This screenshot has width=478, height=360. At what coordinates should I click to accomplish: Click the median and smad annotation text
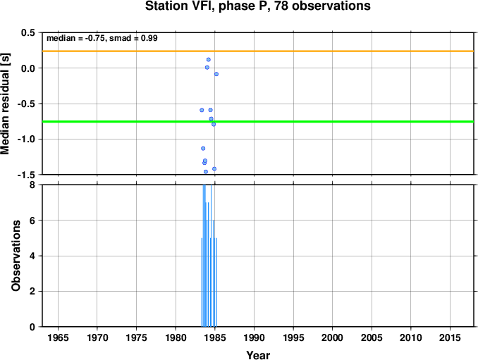[x=102, y=38]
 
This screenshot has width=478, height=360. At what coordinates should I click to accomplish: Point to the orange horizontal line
[x=258, y=51]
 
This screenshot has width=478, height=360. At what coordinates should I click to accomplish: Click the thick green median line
[x=258, y=121]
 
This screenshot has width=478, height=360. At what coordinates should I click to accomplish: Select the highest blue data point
[x=209, y=60]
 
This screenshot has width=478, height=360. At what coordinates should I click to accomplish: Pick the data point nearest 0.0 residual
[x=207, y=68]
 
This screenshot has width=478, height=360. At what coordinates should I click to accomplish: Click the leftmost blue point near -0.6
[x=202, y=110]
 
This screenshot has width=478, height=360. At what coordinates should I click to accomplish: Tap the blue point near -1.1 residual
[x=203, y=149]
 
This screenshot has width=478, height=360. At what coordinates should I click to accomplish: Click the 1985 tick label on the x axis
[x=215, y=337]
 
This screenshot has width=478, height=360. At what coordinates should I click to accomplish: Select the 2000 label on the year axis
[x=333, y=337]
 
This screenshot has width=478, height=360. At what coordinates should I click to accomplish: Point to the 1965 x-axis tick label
[x=58, y=337]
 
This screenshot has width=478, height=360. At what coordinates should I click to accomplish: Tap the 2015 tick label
[x=451, y=337]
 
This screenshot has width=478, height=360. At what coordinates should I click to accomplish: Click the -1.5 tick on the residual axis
[x=28, y=175]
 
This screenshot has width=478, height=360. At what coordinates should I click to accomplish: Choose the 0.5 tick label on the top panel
[x=30, y=32]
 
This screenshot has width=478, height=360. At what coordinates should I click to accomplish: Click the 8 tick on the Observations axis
[x=32, y=185]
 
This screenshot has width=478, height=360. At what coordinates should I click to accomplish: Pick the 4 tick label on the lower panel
[x=32, y=256]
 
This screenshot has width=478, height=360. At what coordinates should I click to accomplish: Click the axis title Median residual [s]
[x=5, y=104]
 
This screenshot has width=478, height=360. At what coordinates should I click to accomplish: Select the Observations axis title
[x=16, y=256]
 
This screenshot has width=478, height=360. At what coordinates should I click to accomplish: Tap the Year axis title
[x=258, y=355]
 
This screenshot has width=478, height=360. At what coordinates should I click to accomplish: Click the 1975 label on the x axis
[x=137, y=337]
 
